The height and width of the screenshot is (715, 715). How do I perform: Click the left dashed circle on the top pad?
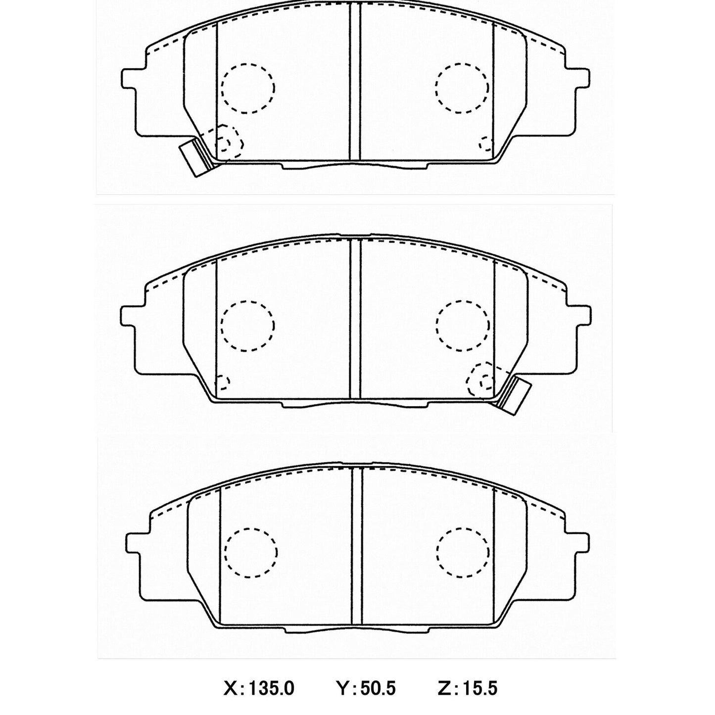pyautogui.click(x=248, y=88)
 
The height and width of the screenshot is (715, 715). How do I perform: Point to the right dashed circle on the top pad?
pyautogui.click(x=462, y=88)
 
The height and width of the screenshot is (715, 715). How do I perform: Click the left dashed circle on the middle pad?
pyautogui.click(x=247, y=325)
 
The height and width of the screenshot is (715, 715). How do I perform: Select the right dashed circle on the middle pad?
pyautogui.click(x=462, y=325)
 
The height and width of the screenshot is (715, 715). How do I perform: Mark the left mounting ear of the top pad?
pyautogui.click(x=130, y=79)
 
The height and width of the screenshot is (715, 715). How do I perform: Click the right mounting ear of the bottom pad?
pyautogui.click(x=579, y=543)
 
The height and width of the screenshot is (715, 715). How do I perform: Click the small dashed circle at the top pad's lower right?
pyautogui.click(x=487, y=144)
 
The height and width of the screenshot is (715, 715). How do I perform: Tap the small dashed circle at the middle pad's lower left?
pyautogui.click(x=223, y=381)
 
